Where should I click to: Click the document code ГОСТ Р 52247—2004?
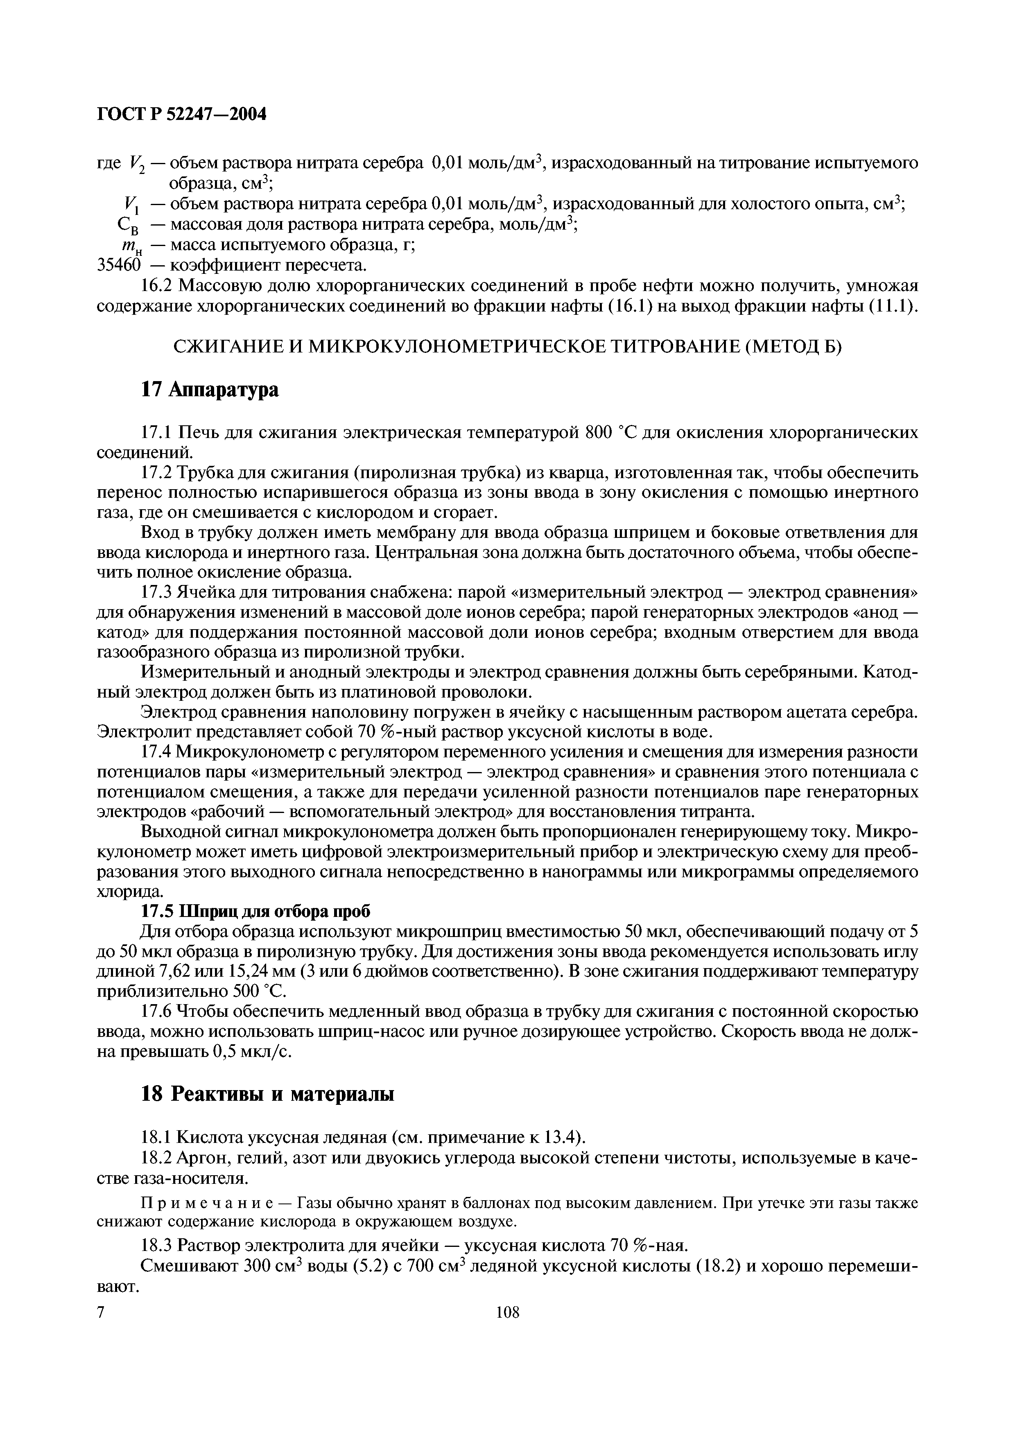(182, 115)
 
